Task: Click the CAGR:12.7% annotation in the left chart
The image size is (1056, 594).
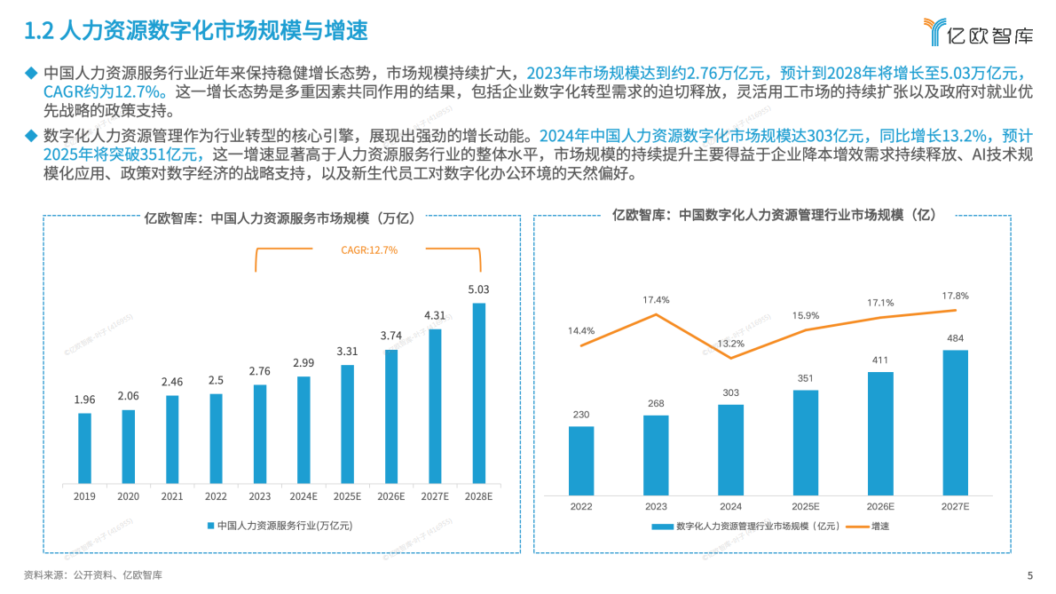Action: coord(369,250)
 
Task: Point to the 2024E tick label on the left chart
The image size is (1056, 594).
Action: coord(303,497)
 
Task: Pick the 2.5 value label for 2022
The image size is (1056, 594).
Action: coord(217,380)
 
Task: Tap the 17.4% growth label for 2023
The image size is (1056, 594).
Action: coord(656,300)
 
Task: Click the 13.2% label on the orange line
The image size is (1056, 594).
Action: coord(730,344)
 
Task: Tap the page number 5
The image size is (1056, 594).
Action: coord(1030,575)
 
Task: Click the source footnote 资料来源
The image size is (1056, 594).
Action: coord(92,575)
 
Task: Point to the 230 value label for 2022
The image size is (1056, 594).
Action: coord(580,415)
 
